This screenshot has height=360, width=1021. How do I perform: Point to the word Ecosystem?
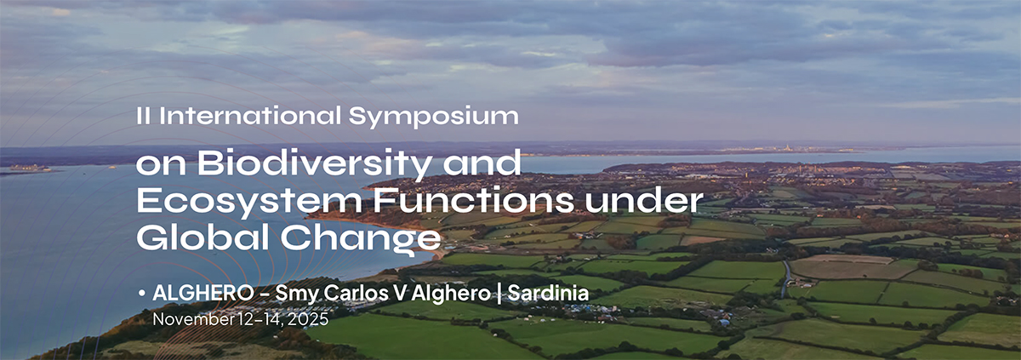tap(224, 201)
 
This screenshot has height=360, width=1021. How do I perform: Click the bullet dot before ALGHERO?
tap(140, 293)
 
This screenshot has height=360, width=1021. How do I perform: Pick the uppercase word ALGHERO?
tap(201, 294)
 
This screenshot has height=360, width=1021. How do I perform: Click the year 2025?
tap(309, 320)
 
